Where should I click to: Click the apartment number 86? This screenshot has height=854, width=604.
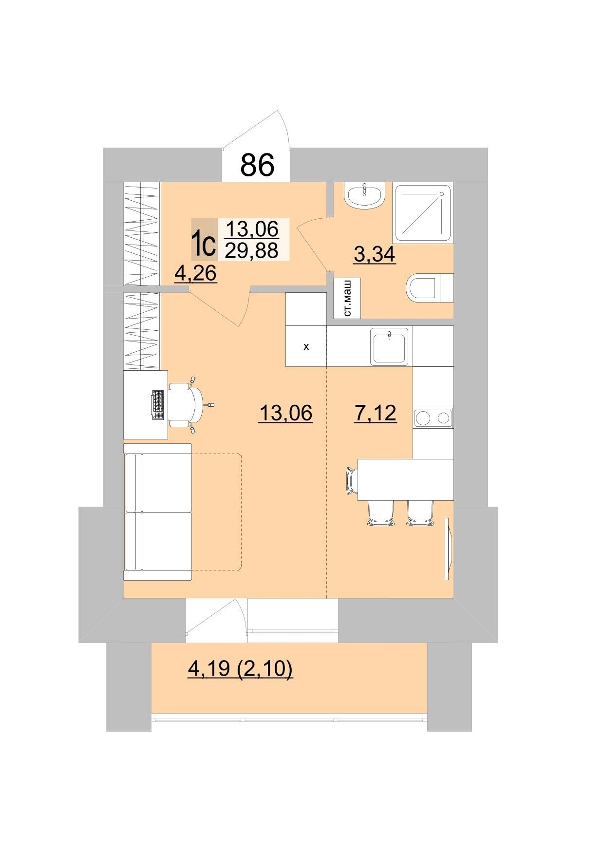click(257, 165)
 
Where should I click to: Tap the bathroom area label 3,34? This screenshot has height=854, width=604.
click(375, 254)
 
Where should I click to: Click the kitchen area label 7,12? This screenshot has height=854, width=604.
click(375, 414)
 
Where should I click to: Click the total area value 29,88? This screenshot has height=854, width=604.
click(251, 250)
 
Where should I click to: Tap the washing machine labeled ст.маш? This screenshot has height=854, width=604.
click(347, 298)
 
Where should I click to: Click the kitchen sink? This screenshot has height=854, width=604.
click(389, 346)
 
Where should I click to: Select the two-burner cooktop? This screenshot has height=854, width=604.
click(433, 418)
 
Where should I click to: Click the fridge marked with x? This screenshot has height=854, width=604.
click(306, 347)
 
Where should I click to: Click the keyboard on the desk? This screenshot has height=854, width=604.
click(158, 404)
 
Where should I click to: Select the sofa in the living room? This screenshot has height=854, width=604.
click(157, 512)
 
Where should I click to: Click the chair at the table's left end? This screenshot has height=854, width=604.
click(352, 480)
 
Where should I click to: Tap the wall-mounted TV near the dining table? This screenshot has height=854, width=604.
click(449, 549)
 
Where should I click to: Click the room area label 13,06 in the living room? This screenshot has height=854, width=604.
click(286, 414)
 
